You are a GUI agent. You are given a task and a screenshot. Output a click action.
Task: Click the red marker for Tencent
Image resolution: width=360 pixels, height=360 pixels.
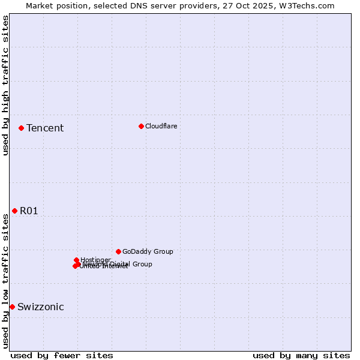[21, 128]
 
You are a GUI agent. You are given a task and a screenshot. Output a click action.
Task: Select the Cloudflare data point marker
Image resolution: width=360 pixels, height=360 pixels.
[141, 126]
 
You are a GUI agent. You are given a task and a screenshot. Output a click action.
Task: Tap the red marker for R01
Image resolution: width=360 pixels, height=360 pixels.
[14, 211]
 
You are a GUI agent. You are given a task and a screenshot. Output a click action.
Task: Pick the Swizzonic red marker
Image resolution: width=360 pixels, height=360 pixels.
[12, 307]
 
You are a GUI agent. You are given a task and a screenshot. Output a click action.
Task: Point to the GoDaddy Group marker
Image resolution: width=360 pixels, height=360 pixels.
[118, 251]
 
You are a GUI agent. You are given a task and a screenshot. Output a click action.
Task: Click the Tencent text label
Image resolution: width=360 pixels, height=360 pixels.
[45, 128]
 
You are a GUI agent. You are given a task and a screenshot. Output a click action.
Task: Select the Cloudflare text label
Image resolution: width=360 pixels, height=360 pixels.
[161, 126]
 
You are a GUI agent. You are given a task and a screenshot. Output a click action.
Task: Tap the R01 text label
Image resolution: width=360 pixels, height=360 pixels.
[29, 211]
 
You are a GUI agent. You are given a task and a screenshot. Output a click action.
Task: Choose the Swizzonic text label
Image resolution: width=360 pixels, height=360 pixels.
[41, 307]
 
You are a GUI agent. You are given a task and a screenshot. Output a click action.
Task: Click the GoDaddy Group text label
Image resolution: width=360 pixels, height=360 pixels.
[148, 251]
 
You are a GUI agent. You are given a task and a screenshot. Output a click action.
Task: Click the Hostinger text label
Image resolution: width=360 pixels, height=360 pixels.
[95, 260]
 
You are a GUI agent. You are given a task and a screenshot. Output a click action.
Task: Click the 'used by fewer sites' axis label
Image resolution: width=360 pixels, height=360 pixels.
[62, 355]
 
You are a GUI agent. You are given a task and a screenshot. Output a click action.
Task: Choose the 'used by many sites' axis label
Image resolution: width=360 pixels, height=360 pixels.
[301, 355]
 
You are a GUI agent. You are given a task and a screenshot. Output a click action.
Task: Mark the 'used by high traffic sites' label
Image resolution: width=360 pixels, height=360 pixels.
[5, 85]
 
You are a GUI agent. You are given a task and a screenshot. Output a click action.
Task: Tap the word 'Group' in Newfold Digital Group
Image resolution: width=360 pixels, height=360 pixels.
[142, 264]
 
